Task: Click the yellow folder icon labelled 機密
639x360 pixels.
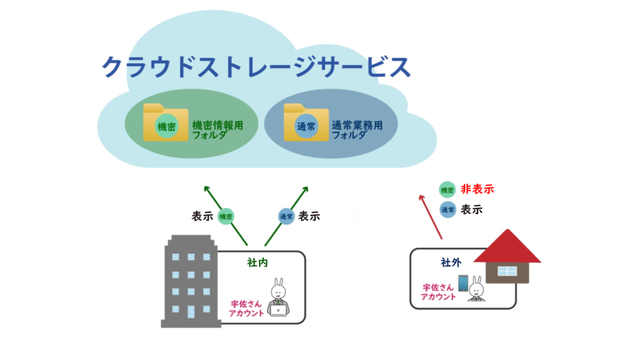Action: (165, 122)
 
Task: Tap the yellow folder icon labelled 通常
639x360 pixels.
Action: (306, 122)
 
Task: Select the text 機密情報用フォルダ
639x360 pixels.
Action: (218, 130)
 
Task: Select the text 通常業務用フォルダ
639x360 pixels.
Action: (357, 130)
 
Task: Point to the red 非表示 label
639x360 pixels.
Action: (477, 189)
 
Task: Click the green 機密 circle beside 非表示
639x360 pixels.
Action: (447, 190)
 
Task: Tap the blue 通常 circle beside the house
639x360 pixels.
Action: (447, 210)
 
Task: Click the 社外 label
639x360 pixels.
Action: (451, 263)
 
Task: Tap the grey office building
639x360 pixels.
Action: (190, 281)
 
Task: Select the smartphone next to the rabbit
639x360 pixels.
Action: (464, 283)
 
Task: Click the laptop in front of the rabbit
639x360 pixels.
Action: (278, 310)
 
